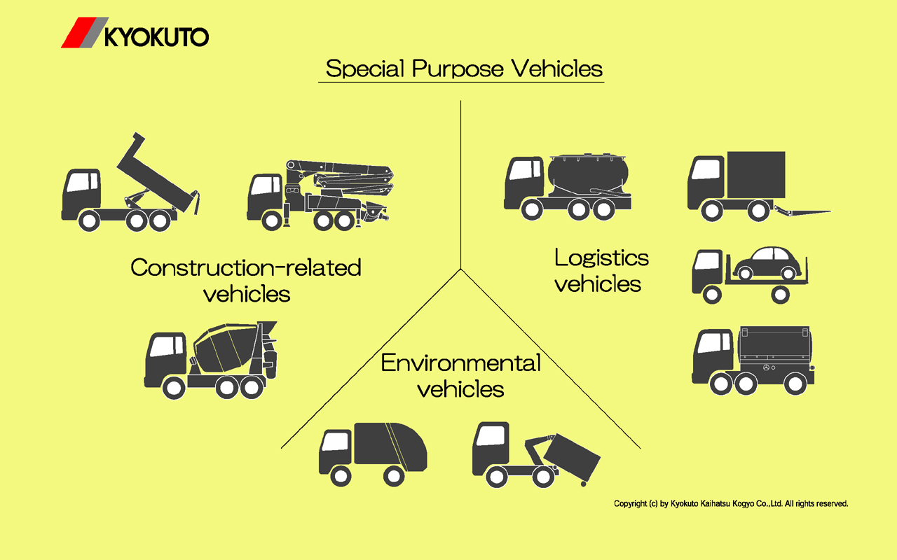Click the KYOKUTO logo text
(156, 36)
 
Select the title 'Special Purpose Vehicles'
(464, 69)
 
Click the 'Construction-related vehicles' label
(246, 280)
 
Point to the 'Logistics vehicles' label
(601, 270)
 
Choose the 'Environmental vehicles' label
(460, 375)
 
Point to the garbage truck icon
(372, 454)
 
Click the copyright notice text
(731, 503)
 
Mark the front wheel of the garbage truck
(339, 476)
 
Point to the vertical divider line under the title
(461, 182)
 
